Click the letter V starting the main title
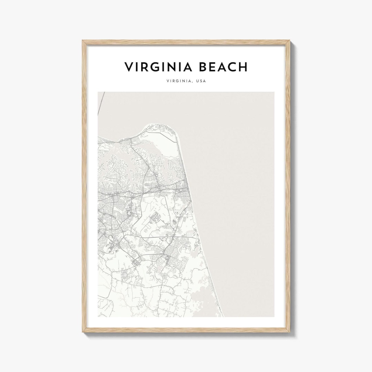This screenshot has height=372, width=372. tap(128, 67)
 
